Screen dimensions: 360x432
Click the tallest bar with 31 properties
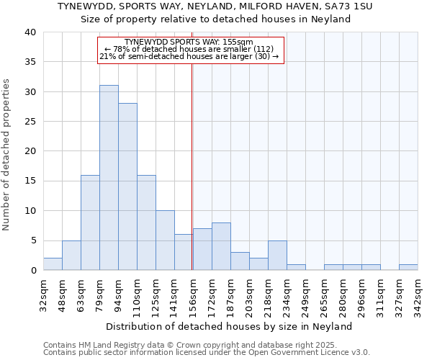click(x=109, y=177)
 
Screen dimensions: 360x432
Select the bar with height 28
click(x=127, y=186)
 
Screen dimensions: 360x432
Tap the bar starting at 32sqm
click(x=53, y=264)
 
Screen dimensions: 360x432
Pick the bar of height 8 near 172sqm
click(x=221, y=246)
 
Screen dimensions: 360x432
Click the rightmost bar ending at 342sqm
click(x=408, y=267)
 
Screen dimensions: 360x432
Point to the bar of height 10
click(x=165, y=240)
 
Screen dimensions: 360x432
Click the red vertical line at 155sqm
click(x=192, y=166)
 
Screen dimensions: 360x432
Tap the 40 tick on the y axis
click(x=30, y=32)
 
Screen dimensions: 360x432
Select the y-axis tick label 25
click(x=30, y=122)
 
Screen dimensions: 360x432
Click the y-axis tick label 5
click(x=32, y=240)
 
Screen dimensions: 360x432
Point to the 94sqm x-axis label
click(x=118, y=292)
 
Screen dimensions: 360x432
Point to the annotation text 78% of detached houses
click(x=191, y=49)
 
